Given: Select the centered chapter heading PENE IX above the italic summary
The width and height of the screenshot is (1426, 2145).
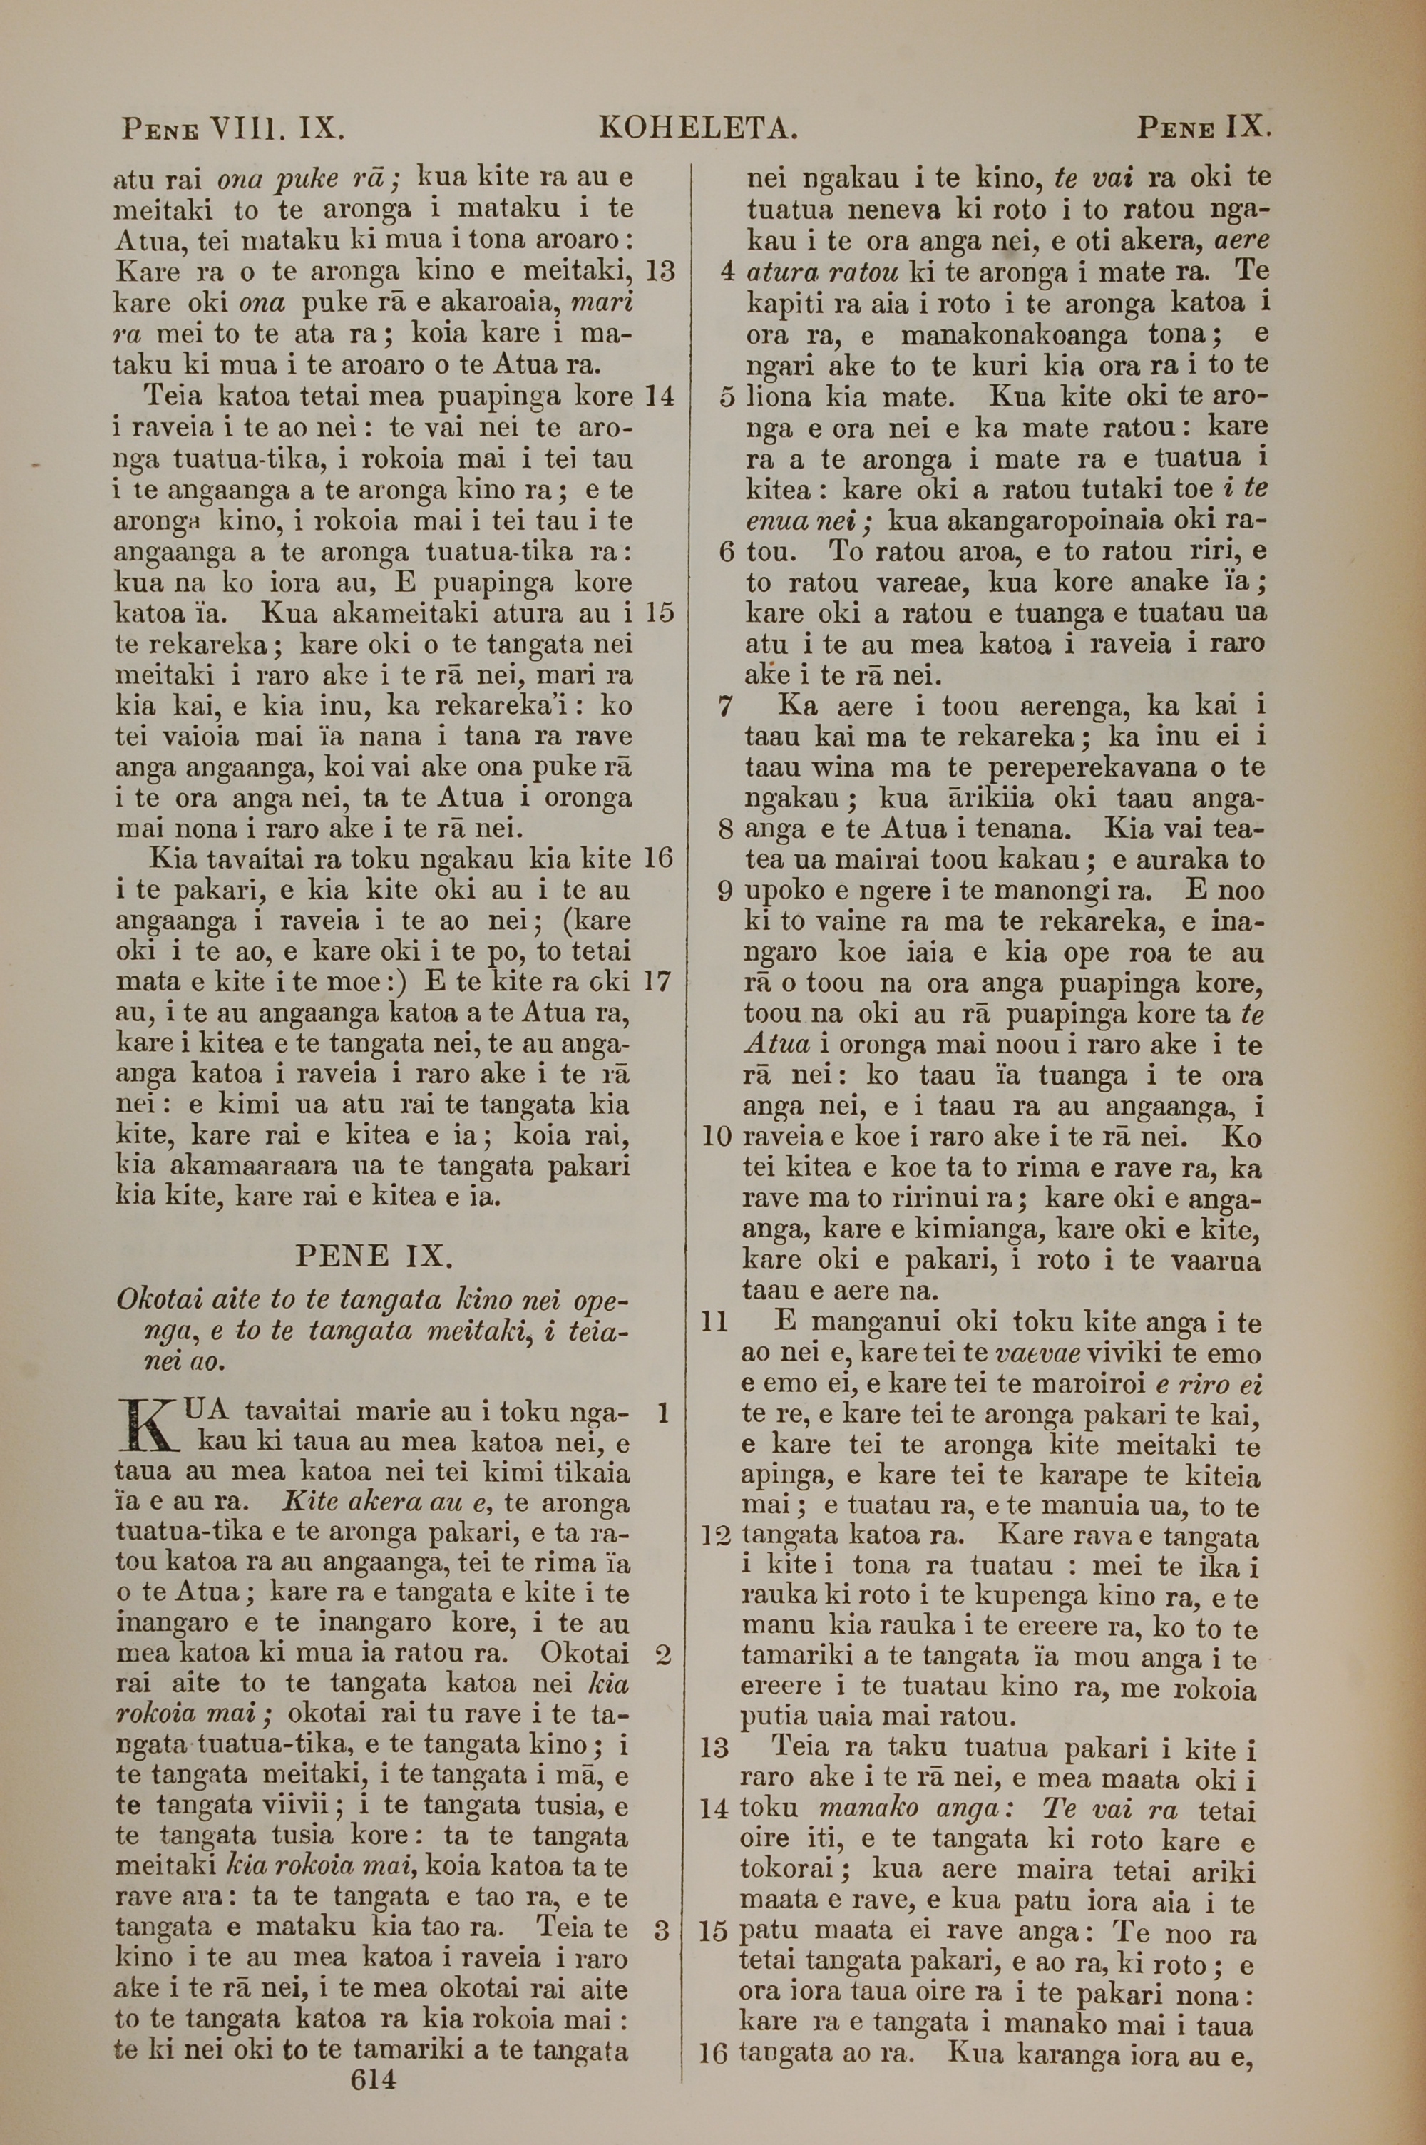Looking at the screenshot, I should point(374,1256).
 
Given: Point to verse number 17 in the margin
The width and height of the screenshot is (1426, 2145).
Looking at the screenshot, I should point(657,982).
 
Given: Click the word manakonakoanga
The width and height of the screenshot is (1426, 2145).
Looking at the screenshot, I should point(1015,336).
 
